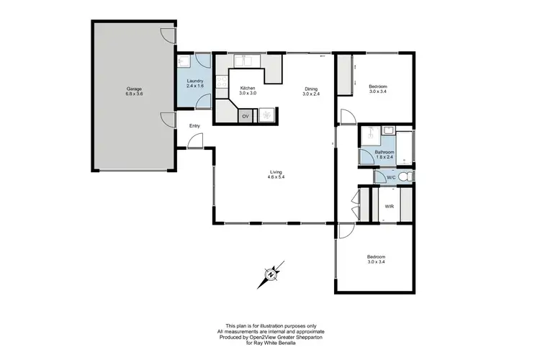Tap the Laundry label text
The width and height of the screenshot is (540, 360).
click(195, 84)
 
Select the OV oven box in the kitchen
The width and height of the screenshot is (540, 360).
click(246, 116)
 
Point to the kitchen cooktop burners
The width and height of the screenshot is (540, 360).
click(267, 115)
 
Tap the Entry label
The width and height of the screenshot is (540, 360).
click(194, 127)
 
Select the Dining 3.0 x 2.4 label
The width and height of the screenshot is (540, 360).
click(311, 91)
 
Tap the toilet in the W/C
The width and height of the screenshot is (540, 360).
click(405, 176)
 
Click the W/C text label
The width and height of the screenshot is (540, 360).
click(391, 176)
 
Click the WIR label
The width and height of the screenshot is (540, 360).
click(389, 207)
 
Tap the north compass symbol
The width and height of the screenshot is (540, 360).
click(271, 274)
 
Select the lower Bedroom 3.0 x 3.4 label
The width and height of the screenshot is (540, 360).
click(377, 259)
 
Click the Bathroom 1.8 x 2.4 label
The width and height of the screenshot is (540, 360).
click(384, 155)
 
